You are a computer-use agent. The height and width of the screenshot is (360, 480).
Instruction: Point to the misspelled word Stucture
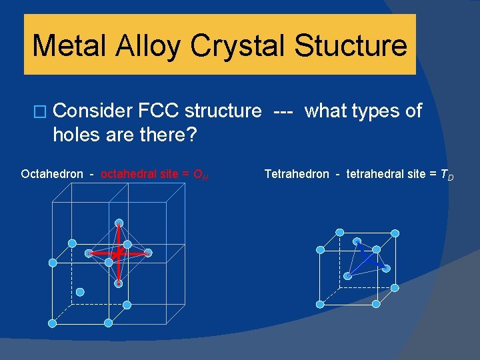tap(351, 45)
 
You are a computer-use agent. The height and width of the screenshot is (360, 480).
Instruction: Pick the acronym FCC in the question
tap(159, 111)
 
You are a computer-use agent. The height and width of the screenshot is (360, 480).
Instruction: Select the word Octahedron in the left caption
tap(52, 175)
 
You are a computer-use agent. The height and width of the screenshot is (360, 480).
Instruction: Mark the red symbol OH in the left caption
tap(199, 175)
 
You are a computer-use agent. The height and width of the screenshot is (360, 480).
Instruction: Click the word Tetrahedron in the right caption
tap(297, 175)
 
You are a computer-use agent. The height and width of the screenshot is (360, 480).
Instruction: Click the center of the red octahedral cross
tap(118, 254)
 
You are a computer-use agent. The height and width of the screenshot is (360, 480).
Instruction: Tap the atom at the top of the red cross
tap(119, 223)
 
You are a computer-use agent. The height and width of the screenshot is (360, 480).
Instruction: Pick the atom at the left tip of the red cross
tap(89, 253)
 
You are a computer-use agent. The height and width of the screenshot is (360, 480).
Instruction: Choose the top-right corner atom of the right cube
tap(395, 233)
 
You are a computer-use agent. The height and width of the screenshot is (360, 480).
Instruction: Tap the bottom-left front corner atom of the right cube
tap(320, 304)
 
